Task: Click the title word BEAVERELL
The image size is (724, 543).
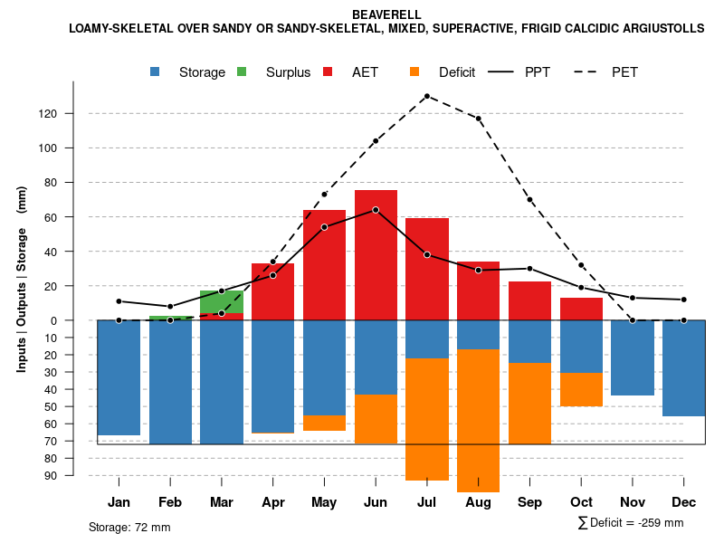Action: [x=386, y=14]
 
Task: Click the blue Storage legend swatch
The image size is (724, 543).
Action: [x=157, y=72]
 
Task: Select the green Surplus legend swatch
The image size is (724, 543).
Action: [x=243, y=72]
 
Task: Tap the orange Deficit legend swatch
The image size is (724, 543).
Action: [x=415, y=72]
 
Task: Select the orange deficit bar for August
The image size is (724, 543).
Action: [x=479, y=421]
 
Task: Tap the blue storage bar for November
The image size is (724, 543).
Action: [x=633, y=357]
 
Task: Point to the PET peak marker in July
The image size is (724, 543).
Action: [x=426, y=96]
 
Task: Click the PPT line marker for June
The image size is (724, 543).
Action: [x=376, y=210]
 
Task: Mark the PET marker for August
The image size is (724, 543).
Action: [x=478, y=119]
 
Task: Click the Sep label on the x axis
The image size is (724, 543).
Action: [x=529, y=502]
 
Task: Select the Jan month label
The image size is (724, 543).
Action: [x=119, y=502]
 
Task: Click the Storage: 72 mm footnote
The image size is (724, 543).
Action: [x=129, y=527]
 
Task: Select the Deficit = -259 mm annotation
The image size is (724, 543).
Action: [x=631, y=523]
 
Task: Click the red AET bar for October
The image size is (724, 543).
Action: [x=581, y=309]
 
